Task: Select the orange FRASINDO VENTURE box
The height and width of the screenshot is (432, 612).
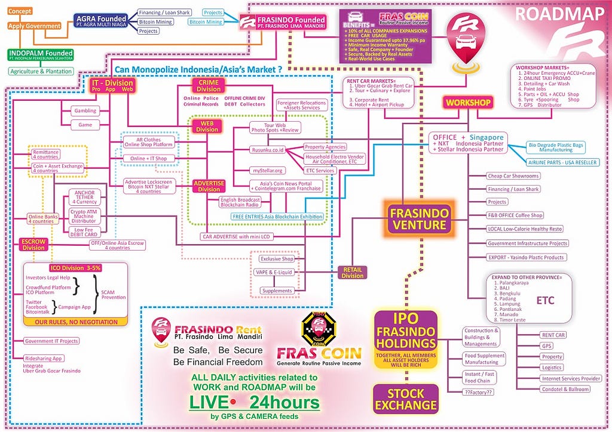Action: click(418, 218)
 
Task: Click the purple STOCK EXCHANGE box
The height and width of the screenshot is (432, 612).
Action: click(406, 399)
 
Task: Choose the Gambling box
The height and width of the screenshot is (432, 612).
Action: click(84, 111)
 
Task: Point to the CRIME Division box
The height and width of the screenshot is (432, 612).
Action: click(208, 85)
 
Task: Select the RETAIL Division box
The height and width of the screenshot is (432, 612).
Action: click(353, 272)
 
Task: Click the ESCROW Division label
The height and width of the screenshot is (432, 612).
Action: click(34, 244)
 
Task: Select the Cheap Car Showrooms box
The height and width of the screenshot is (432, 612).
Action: click(513, 176)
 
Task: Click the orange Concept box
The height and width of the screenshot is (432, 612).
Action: click(20, 11)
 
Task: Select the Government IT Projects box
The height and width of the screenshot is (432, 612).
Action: click(51, 341)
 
